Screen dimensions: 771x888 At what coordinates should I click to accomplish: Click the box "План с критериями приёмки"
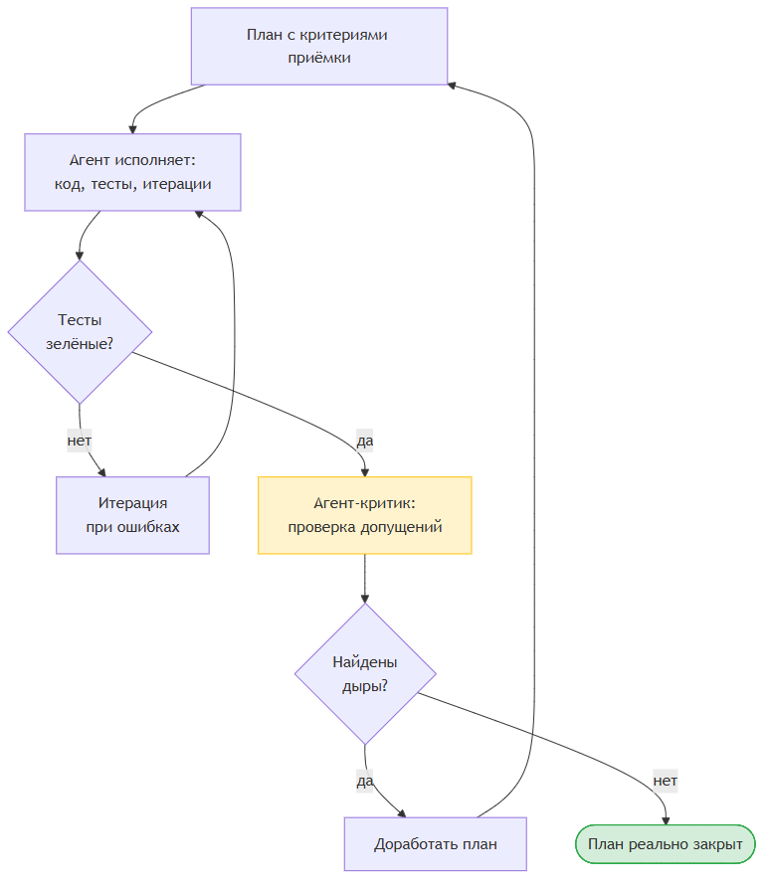click(x=319, y=47)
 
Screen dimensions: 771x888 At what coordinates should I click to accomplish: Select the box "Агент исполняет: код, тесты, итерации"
click(x=132, y=172)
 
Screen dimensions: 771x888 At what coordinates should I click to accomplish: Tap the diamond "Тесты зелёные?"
click(x=80, y=332)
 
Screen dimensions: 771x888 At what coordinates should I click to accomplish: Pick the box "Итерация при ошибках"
click(x=132, y=515)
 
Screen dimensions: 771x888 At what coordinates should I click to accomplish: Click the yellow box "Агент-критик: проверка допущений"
click(x=365, y=515)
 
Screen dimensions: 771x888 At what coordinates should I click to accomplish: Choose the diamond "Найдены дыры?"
click(x=365, y=674)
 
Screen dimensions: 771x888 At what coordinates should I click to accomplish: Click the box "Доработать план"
click(x=436, y=844)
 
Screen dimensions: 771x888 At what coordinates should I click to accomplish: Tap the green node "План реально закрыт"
click(x=666, y=844)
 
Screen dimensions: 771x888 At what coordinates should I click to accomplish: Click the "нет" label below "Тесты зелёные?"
click(x=80, y=441)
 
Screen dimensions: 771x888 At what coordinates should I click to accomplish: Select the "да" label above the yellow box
click(x=365, y=441)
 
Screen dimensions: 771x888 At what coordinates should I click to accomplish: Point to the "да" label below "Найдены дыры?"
click(x=365, y=781)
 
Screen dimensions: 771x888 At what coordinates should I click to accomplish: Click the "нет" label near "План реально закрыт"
click(x=666, y=781)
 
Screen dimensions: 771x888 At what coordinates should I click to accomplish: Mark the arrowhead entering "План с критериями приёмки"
click(x=452, y=86)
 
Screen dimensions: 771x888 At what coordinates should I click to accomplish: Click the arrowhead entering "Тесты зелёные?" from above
click(x=80, y=256)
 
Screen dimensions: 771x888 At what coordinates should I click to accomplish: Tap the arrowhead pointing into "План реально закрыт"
click(x=666, y=820)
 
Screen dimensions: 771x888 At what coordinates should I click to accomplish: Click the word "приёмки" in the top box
click(x=319, y=58)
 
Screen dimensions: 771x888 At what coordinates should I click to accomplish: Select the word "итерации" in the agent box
click(x=177, y=184)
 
